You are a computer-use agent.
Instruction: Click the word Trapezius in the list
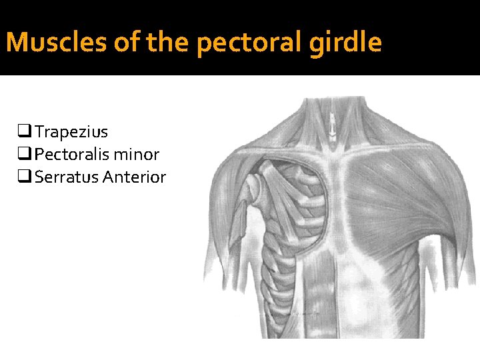[71, 132]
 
